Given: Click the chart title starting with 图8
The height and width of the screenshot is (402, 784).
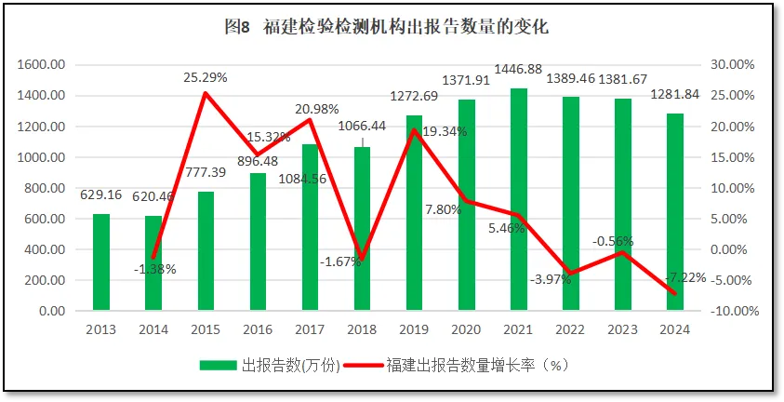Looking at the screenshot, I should point(386,27).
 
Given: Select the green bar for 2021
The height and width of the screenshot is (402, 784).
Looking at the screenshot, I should point(518,200).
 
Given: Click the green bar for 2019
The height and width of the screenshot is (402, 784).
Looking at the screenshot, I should point(414,213).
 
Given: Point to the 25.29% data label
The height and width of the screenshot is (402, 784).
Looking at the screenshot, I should point(205,76).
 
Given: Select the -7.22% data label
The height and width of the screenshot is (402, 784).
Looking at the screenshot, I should point(686,277).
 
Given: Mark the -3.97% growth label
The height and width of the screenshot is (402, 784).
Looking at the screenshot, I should point(551,279).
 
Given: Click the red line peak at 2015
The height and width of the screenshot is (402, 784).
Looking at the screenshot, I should point(205,93).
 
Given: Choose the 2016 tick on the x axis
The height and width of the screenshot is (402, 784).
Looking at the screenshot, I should point(257,328).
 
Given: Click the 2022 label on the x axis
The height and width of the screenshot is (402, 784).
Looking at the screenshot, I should point(570,328).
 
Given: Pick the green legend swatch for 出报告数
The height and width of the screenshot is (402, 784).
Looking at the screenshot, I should point(219,366).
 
